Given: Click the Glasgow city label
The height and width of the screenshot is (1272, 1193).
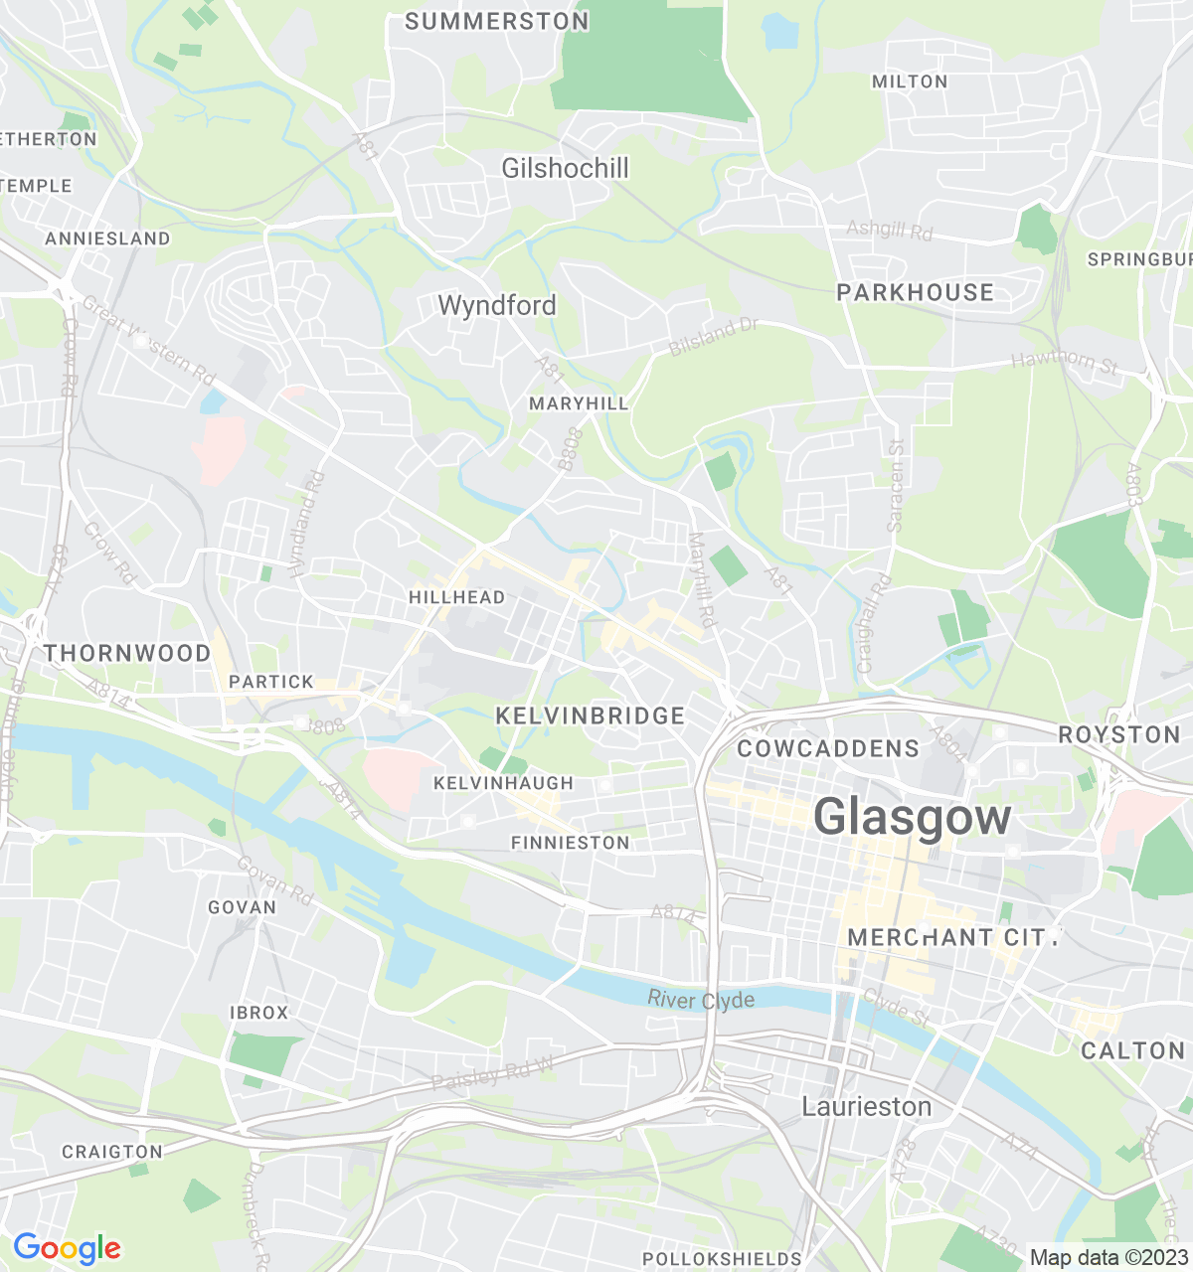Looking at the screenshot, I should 912,818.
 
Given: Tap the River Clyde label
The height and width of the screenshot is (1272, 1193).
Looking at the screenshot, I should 701,1000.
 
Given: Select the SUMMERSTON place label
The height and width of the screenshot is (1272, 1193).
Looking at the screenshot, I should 497,21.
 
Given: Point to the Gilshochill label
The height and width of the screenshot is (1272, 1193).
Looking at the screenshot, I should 565,168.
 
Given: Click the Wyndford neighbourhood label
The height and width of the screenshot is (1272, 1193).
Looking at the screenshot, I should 497,305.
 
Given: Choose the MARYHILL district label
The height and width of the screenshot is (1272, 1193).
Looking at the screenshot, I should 579,402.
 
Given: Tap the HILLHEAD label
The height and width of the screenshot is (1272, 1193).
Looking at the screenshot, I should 456,597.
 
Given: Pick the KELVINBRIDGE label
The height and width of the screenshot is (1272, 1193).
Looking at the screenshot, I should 590,715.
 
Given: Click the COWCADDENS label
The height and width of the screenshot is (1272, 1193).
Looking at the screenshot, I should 828,748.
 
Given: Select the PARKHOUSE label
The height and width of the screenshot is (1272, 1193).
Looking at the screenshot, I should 915,292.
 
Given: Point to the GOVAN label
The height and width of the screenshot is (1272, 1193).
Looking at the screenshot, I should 242,907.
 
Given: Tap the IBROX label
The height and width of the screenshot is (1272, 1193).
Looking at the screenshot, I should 258,1013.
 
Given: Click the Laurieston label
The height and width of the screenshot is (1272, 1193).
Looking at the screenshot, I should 867,1106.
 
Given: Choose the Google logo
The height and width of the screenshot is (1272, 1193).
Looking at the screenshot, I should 67,1248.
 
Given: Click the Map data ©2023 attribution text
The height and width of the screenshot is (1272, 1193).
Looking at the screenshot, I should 1108,1257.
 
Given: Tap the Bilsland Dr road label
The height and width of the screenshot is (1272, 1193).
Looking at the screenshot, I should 713,338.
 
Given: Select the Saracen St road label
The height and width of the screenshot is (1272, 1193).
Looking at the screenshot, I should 896,486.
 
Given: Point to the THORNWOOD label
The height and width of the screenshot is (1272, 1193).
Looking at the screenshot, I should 127,653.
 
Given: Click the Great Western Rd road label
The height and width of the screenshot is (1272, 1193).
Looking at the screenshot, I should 149,341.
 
